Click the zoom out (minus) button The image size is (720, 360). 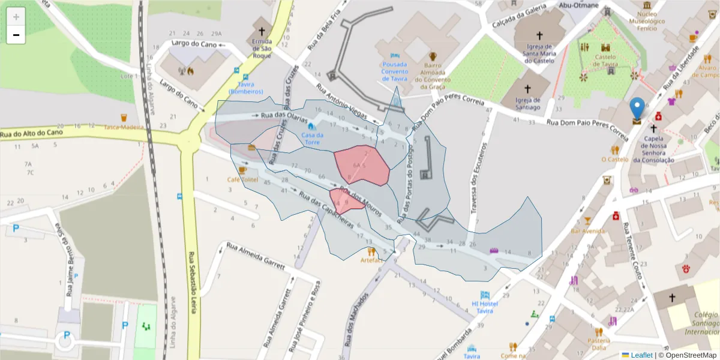tap(16, 35)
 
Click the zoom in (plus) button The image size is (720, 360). tap(16, 17)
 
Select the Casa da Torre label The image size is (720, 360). tap(312, 139)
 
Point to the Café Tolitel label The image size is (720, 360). tap(242, 179)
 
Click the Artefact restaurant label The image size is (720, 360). tap(371, 260)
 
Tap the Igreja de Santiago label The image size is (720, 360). tap(527, 103)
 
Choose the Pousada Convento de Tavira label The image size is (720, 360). tap(394, 71)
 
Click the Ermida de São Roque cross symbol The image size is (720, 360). tap(262, 29)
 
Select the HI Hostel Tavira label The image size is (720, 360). tap(485, 307)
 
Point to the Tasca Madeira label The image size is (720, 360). tap(124, 127)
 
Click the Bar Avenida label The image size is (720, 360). tap(587, 230)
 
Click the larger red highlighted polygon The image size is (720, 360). tap(362, 165)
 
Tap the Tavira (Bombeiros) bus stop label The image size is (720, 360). tap(250, 88)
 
